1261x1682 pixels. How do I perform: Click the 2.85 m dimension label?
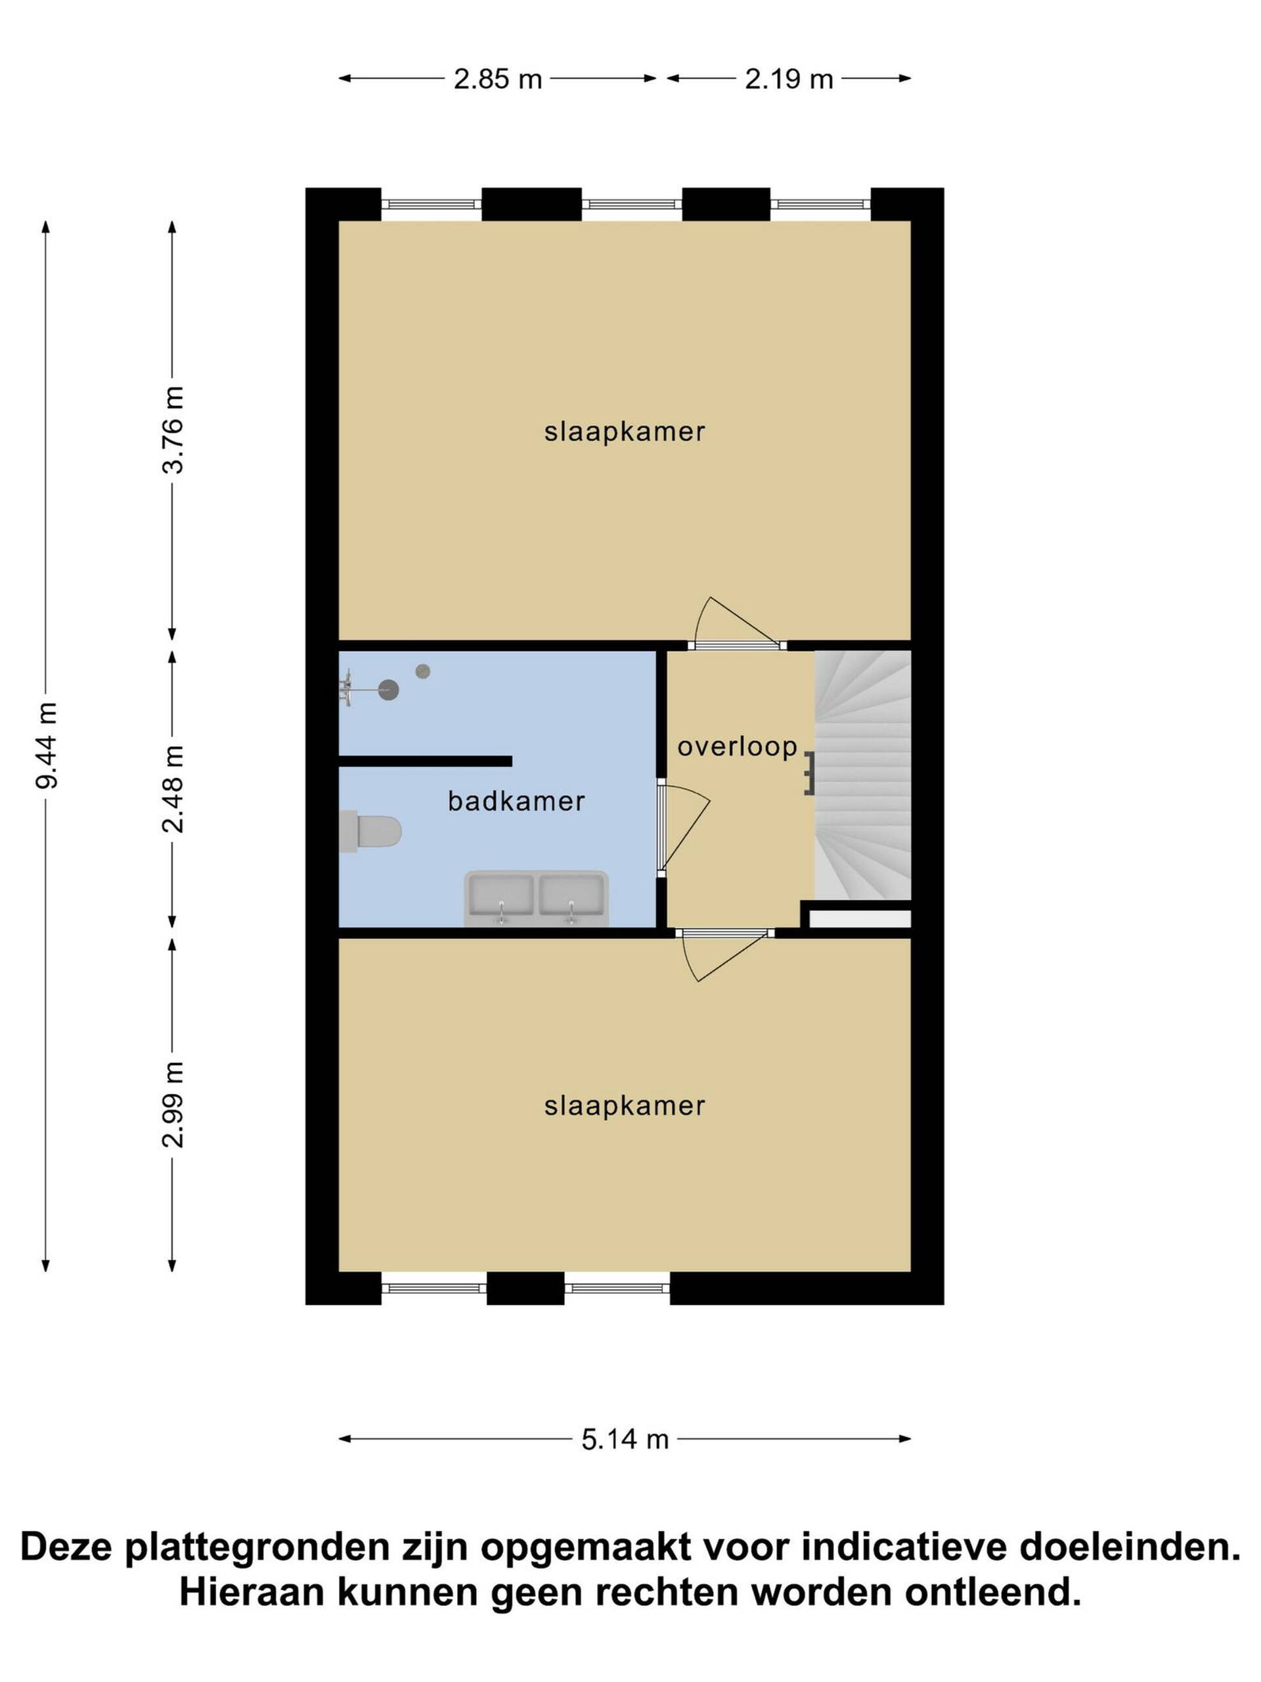pyautogui.click(x=497, y=79)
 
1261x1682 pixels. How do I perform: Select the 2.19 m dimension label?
pyautogui.click(x=788, y=79)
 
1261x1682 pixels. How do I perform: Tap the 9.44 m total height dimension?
pyautogui.click(x=47, y=745)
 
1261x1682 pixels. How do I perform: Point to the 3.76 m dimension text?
pyautogui.click(x=173, y=430)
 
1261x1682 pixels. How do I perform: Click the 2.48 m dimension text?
pyautogui.click(x=173, y=788)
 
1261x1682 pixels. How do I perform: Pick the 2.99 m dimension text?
pyautogui.click(x=173, y=1104)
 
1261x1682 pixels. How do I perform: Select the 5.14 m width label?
pyautogui.click(x=625, y=1440)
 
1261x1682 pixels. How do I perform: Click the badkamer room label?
pyautogui.click(x=516, y=801)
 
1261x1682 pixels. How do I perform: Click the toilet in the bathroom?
pyautogui.click(x=370, y=831)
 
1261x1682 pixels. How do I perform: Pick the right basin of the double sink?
pyautogui.click(x=571, y=898)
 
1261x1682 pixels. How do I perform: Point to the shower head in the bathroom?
pyautogui.click(x=388, y=690)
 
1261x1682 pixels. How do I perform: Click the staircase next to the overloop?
pyautogui.click(x=863, y=775)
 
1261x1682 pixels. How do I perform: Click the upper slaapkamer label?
pyautogui.click(x=625, y=432)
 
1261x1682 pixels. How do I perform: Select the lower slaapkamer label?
pyautogui.click(x=625, y=1106)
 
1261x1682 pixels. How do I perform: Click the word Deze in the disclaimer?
pyautogui.click(x=68, y=1547)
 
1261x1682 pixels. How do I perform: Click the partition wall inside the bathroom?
pyautogui.click(x=425, y=761)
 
